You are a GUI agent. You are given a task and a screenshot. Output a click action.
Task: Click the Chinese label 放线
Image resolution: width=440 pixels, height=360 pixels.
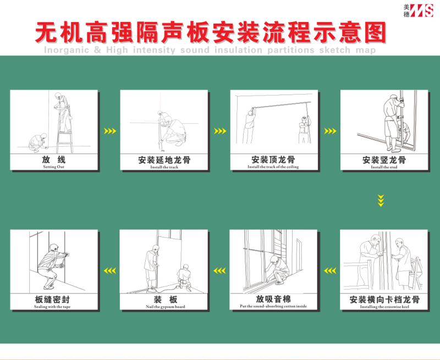pos(54,159)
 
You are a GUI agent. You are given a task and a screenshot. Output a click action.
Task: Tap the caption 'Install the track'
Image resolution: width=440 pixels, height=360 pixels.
pos(164,167)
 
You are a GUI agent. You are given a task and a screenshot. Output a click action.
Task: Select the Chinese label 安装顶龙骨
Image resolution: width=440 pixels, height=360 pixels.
pos(273,160)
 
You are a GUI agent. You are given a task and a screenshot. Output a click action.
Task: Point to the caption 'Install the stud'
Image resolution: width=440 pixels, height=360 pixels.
pos(384,167)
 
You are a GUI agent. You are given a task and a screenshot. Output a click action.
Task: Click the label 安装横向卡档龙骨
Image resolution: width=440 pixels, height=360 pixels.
pos(384,300)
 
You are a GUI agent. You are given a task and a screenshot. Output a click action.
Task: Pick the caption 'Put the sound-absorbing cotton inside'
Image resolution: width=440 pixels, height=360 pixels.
pos(273,306)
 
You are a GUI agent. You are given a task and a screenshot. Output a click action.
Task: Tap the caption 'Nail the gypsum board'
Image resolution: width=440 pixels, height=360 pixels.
pos(164,306)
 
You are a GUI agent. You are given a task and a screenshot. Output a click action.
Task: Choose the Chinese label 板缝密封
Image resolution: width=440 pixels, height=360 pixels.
pos(54,300)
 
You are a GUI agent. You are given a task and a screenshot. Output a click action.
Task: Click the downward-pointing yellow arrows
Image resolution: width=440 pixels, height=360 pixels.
pos(381,200)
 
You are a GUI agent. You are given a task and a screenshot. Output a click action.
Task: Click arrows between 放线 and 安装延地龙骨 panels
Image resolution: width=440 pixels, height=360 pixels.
pos(110,131)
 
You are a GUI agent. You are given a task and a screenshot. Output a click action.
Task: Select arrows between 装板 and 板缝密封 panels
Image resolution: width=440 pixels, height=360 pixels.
pos(110,270)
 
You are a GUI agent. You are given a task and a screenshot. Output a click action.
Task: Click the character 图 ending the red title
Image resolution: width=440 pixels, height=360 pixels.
pos(374,33)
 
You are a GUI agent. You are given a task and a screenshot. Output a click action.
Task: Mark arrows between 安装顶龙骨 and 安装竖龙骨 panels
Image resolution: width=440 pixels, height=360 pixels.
pos(330,131)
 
